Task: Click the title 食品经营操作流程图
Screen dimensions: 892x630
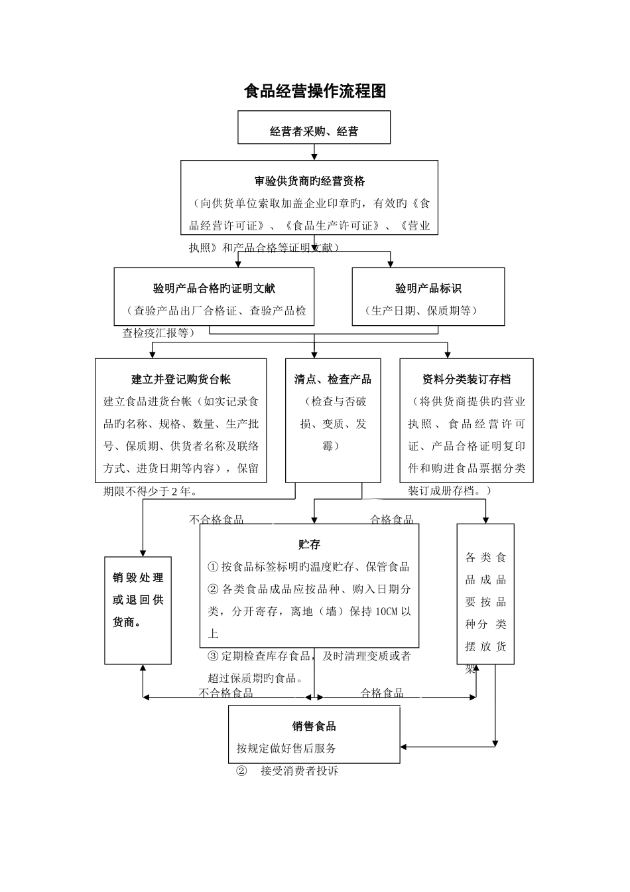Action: (x=315, y=91)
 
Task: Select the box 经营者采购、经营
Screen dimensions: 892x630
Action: (x=314, y=131)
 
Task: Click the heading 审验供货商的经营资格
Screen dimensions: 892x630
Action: (x=309, y=181)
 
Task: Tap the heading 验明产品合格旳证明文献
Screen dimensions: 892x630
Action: (x=214, y=288)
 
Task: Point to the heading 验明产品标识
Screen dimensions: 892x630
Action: (x=428, y=288)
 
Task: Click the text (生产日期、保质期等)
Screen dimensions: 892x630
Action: (x=421, y=310)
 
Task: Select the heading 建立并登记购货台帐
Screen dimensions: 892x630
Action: (x=180, y=379)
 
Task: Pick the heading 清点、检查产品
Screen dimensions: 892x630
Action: (x=333, y=379)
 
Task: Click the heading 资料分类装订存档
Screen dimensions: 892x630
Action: (x=466, y=379)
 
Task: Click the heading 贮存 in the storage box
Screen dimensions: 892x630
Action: (x=309, y=544)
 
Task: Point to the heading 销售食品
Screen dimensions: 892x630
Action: (x=314, y=726)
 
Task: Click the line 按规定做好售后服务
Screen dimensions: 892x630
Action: (x=286, y=748)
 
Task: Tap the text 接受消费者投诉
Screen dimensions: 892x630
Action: (x=299, y=771)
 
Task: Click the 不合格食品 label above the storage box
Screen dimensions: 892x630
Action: (x=216, y=520)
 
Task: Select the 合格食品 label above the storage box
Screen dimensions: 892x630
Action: (x=391, y=520)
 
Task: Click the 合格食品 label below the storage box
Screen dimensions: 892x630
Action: (x=382, y=693)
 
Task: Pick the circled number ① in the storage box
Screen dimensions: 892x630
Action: (x=213, y=566)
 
